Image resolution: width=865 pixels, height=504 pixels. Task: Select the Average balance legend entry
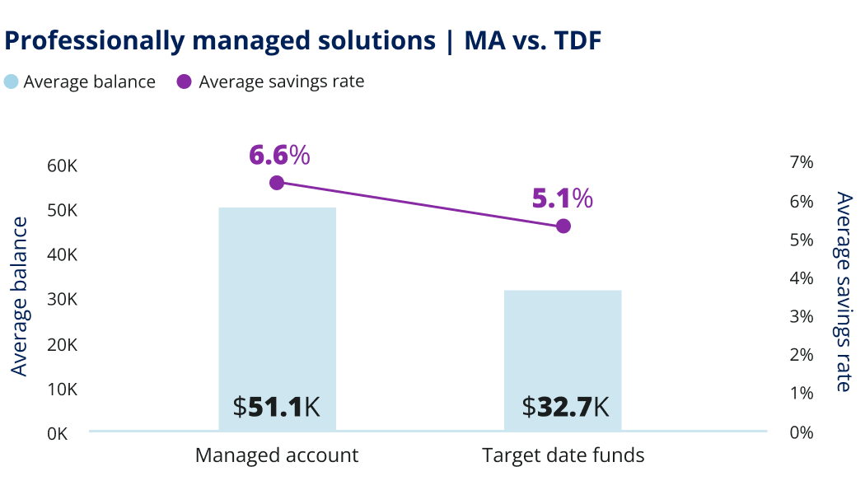pos(80,82)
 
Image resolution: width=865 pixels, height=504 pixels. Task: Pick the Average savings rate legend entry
pos(271,82)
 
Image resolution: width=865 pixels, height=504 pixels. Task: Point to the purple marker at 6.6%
pos(277,183)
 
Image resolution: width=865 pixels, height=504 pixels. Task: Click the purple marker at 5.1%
pos(563,226)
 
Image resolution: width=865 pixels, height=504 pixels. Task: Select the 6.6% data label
pos(279,154)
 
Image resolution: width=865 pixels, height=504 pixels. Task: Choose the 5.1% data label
pos(562,198)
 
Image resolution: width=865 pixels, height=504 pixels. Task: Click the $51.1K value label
pos(277,407)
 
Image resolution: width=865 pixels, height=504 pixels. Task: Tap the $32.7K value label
pos(565,407)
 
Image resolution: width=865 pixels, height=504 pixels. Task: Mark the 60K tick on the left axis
pos(63,166)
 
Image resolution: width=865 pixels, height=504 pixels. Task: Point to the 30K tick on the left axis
pos(63,300)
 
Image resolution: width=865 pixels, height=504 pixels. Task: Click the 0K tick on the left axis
pos(58,433)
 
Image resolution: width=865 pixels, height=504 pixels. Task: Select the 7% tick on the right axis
pos(802,162)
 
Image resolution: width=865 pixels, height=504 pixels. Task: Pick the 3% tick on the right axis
pos(802,317)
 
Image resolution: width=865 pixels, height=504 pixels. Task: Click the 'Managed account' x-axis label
pos(277,455)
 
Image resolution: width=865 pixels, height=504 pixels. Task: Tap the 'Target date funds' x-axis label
pos(563,455)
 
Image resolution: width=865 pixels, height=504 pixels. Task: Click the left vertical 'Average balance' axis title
pos(19,296)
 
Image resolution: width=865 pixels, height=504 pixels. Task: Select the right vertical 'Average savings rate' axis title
pos(843,292)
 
